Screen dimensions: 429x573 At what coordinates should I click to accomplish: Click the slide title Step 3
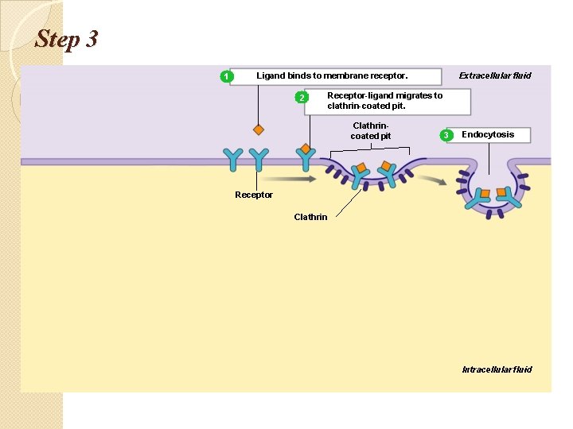tap(66, 39)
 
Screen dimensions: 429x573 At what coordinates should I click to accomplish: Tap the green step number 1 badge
tap(227, 76)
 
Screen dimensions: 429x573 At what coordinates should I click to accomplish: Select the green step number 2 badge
tap(301, 98)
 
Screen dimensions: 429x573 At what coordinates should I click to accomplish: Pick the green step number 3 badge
tap(446, 135)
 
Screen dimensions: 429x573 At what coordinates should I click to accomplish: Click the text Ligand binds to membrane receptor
tap(332, 76)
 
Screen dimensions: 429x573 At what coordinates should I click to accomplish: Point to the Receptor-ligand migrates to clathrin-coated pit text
tap(384, 101)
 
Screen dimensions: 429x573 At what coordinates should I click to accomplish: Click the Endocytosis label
tap(488, 134)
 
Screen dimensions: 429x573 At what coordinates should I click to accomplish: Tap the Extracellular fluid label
tap(495, 76)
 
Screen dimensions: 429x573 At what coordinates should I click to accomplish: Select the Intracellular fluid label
tap(497, 369)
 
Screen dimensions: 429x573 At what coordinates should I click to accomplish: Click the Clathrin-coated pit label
tap(371, 131)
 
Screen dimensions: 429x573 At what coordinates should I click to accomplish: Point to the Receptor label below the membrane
tap(254, 195)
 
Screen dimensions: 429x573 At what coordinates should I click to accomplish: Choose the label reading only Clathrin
tap(310, 217)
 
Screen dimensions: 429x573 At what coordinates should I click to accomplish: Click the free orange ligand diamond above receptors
tap(258, 129)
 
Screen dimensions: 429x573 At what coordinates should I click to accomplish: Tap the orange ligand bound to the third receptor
tap(306, 148)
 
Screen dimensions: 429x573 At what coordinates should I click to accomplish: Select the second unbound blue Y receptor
tap(258, 159)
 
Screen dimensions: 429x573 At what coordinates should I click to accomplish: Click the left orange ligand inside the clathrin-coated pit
tap(361, 169)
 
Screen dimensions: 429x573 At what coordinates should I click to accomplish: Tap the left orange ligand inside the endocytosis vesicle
tap(484, 193)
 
